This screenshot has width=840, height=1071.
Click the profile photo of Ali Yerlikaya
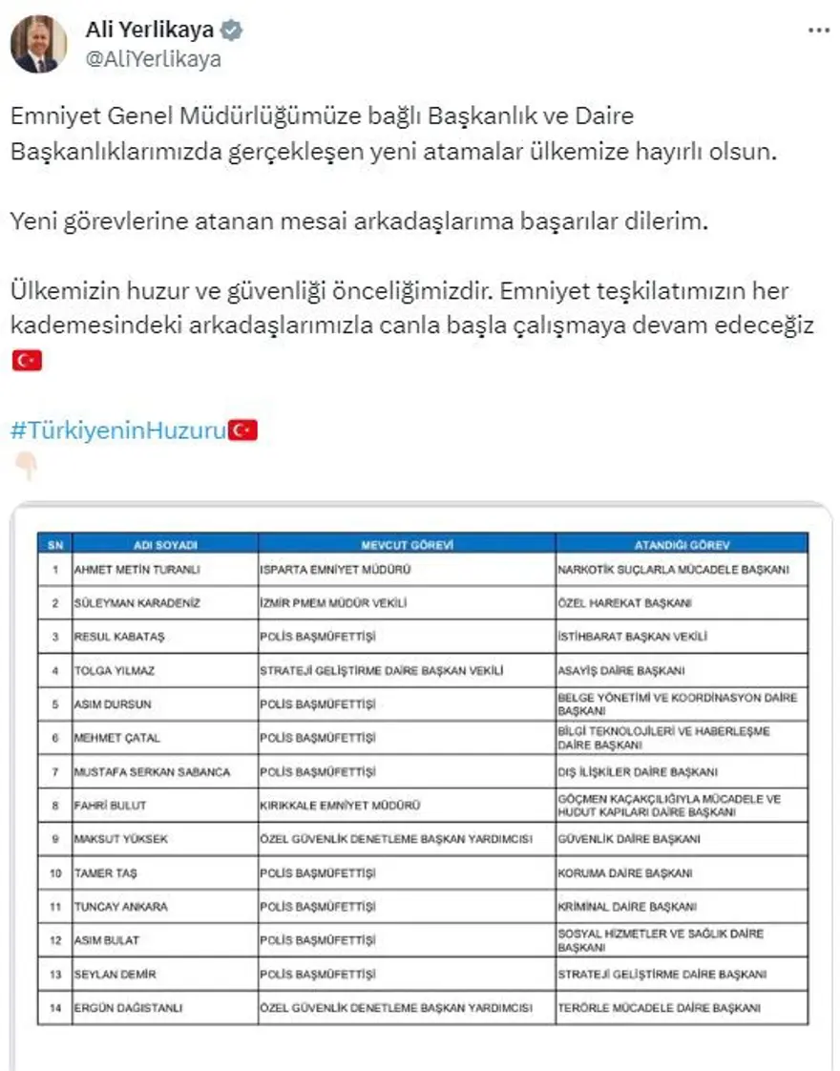(39, 44)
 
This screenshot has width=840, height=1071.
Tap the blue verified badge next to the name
(232, 31)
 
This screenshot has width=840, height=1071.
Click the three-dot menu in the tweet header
(818, 31)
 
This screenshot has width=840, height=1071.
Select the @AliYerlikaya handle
(153, 58)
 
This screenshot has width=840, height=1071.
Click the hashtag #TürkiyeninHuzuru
(118, 430)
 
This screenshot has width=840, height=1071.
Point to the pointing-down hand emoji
(26, 466)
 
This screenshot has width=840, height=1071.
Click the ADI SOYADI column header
(165, 545)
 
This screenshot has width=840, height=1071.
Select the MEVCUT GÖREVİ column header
(406, 545)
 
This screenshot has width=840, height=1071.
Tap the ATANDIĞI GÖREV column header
(682, 545)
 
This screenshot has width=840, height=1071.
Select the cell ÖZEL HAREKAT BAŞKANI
(624, 603)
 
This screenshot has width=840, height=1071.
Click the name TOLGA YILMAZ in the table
(115, 671)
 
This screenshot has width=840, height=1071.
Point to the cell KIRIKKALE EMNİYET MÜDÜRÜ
(340, 806)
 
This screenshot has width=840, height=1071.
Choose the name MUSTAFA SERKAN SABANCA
(152, 771)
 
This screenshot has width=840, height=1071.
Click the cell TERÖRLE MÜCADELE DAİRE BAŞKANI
(658, 1007)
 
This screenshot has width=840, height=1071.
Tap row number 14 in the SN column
(55, 1007)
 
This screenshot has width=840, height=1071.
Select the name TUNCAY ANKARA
(119, 907)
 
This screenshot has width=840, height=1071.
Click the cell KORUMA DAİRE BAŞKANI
(625, 872)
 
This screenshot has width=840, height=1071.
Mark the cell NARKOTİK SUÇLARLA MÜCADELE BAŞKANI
(673, 570)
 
